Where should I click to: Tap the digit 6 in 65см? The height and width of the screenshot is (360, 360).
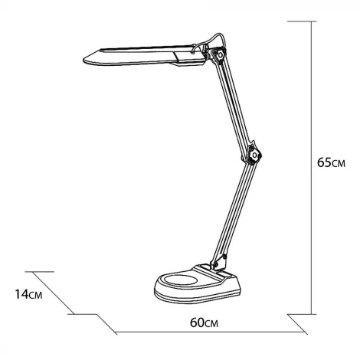point(321,164)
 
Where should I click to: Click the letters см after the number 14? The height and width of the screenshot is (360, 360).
point(34,294)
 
